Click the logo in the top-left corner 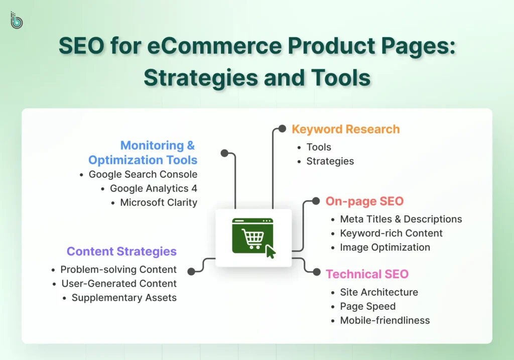click(17, 20)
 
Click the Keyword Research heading click(345, 129)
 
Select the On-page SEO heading click(364, 201)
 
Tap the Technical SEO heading click(367, 274)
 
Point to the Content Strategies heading click(121, 252)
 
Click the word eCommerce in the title click(214, 46)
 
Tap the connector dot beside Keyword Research click(282, 129)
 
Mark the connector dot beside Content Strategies click(191, 272)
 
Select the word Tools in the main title click(341, 78)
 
